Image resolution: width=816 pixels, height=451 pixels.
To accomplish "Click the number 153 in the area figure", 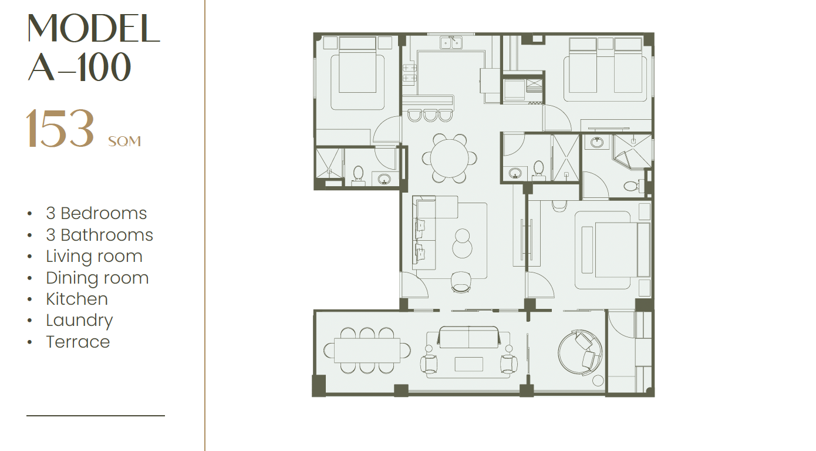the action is tap(60, 128).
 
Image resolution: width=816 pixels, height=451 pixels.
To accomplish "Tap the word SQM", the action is tap(124, 142).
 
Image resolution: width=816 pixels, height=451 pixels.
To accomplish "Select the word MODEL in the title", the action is tap(93, 28).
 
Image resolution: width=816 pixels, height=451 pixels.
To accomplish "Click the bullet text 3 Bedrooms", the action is tap(96, 213).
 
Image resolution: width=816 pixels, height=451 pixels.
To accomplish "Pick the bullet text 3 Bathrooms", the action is tap(99, 235).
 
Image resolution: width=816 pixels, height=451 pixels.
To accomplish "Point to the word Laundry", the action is tap(79, 321).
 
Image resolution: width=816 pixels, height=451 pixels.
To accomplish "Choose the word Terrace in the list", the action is tap(78, 342).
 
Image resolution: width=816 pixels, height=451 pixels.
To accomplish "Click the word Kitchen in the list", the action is tap(77, 299).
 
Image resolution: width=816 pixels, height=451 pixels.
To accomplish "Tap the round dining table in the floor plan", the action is tap(450, 158).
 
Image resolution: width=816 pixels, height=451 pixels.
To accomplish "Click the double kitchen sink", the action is tap(451, 43).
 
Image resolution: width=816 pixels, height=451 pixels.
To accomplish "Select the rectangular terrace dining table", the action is tap(367, 350).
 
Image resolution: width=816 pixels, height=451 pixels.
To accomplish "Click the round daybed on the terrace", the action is tap(581, 353).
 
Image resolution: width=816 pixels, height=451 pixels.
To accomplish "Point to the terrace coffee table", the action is tap(469, 364).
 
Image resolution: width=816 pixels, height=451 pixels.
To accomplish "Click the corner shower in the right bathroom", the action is tap(632, 151).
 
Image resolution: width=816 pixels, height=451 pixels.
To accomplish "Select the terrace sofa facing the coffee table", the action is tap(468, 337).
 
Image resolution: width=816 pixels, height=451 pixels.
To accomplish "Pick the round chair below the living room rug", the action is tap(461, 282).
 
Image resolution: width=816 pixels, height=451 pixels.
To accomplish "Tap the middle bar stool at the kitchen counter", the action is tap(430, 115).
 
